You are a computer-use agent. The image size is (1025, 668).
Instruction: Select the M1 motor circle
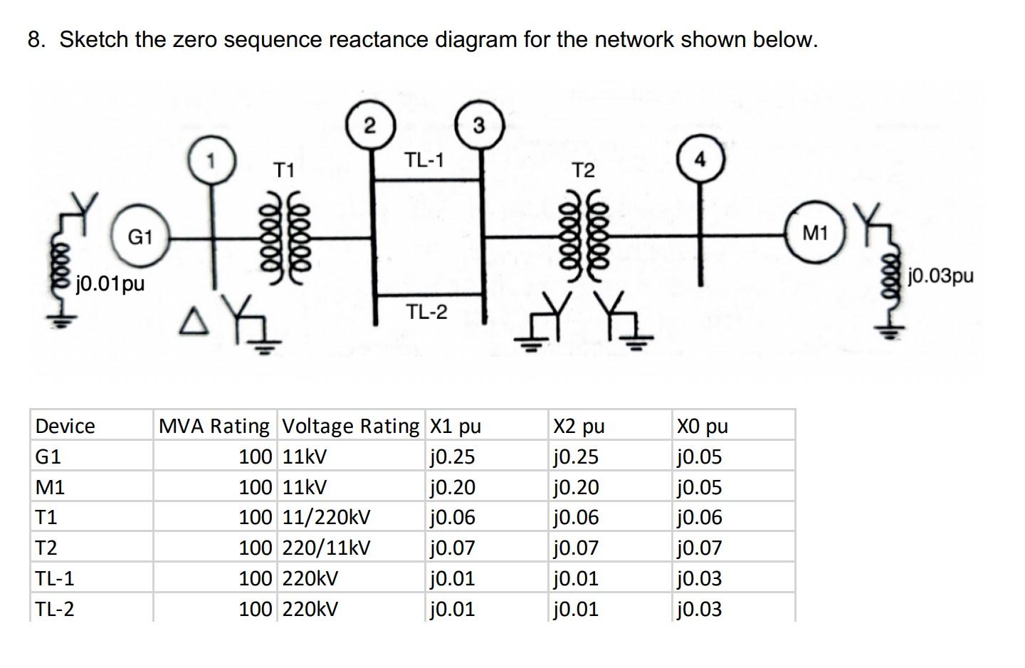tap(816, 232)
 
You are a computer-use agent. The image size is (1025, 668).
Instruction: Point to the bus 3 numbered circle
tap(479, 126)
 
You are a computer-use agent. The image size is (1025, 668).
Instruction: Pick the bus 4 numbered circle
tap(700, 161)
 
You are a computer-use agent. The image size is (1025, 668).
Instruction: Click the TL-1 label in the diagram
tap(424, 160)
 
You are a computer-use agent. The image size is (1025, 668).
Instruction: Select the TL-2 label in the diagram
tap(427, 311)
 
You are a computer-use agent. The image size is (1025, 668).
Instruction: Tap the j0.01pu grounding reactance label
tap(110, 283)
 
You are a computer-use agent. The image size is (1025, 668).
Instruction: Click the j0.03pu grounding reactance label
tap(941, 275)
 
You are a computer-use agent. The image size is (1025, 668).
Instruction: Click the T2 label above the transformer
tap(583, 171)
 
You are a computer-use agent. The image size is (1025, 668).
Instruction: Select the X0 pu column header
tap(702, 426)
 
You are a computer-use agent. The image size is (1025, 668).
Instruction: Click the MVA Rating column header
tap(214, 426)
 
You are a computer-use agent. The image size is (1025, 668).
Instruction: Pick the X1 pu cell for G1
tap(453, 456)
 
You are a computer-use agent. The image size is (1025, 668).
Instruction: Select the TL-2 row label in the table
tap(55, 610)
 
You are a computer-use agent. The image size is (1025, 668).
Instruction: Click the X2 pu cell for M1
tap(576, 487)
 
